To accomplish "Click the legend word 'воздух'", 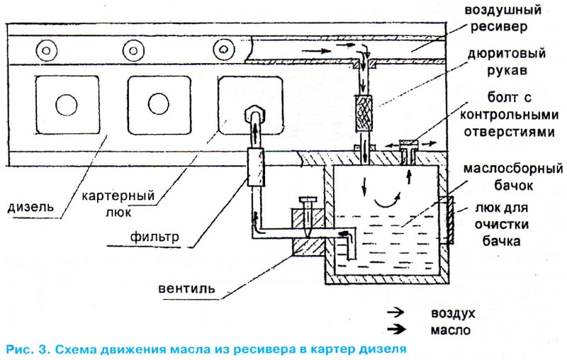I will point(453,313).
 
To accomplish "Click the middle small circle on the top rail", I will point(134,50).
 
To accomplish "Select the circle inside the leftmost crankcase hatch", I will point(66,104).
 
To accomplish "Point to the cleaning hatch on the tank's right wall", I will point(449,220).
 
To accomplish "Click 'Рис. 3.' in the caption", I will point(27,349).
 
